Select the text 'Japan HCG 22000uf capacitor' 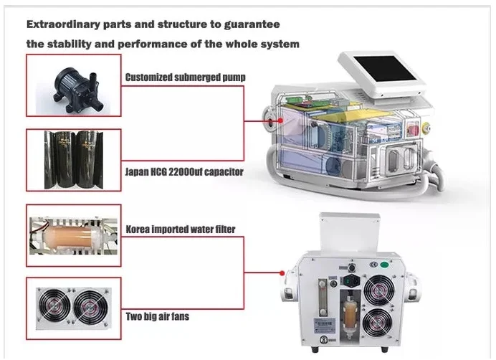coord(183,171)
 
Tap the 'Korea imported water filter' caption coord(181,229)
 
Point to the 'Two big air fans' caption coord(158,316)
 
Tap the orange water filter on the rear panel coord(352,316)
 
